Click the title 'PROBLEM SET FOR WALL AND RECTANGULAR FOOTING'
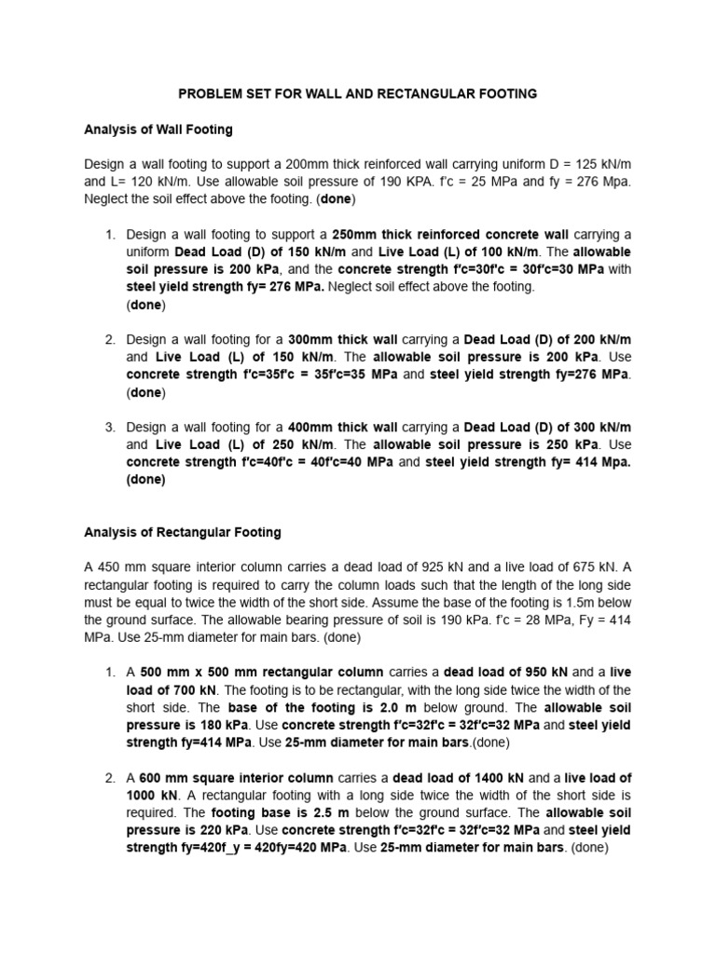tap(358, 94)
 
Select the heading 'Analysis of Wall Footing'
tap(158, 129)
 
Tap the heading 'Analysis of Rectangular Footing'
tap(182, 533)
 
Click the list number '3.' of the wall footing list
tap(110, 427)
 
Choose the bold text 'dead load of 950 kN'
tap(503, 673)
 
